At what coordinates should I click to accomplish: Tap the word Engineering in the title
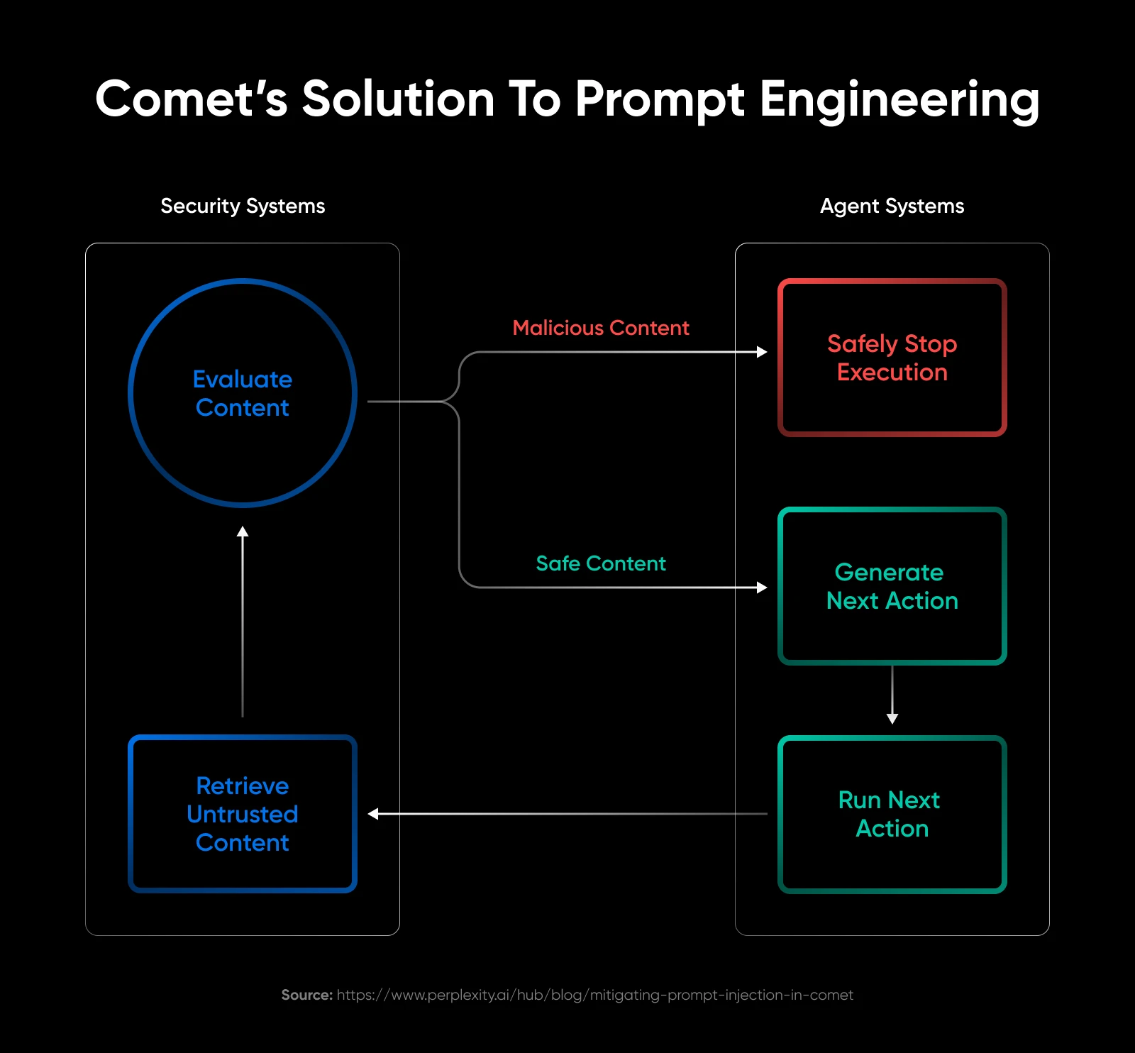899,99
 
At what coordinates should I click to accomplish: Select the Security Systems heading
243,206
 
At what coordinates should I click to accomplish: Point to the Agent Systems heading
892,206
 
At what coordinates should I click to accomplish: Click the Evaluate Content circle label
243,393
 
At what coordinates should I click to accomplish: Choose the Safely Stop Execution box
892,358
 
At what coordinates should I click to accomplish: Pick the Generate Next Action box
892,586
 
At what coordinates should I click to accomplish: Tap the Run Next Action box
892,814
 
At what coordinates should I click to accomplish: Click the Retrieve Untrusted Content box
243,814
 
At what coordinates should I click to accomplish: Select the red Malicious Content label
601,328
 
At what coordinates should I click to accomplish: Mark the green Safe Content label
601,563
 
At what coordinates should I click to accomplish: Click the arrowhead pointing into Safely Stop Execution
763,352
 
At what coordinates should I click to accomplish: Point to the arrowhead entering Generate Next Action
763,588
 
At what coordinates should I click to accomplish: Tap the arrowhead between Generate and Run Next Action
892,719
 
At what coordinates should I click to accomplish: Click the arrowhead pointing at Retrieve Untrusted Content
373,814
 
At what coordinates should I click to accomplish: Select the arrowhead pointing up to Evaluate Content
243,531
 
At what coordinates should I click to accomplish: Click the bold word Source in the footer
306,995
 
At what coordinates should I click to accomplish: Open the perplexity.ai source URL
594,995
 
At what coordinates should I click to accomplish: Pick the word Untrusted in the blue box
243,814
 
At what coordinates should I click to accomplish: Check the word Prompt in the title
660,99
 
